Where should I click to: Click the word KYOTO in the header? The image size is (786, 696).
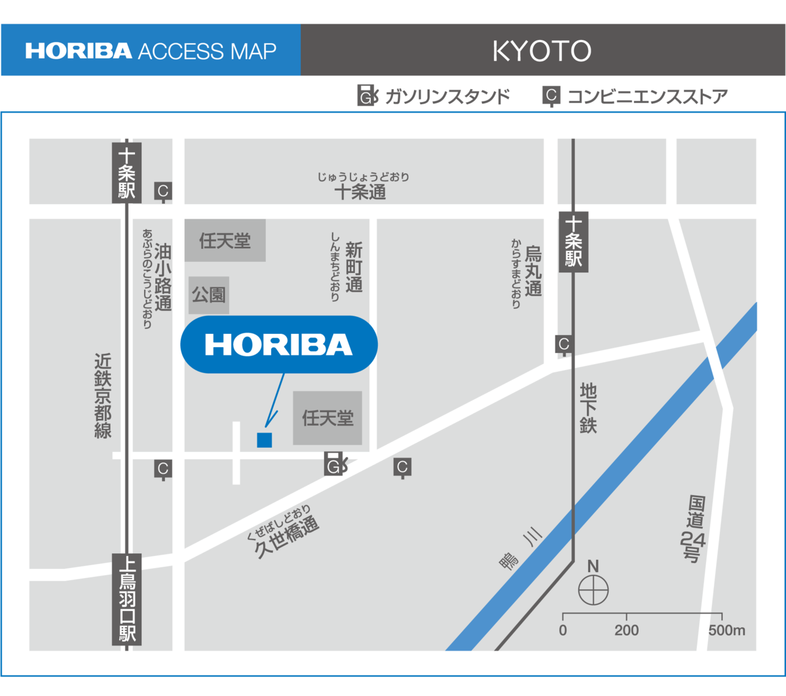542,51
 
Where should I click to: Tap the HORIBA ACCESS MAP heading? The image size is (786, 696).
151,51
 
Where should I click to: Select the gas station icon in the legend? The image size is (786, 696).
367,96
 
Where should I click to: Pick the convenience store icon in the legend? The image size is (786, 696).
551,96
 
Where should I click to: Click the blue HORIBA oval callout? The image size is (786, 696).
279,344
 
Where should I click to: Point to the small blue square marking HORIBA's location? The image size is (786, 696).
264,440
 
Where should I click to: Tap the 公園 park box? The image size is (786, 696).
209,295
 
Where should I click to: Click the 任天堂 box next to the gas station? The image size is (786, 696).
327,418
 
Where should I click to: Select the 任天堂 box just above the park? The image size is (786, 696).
225,240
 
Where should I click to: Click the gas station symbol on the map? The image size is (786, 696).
335,464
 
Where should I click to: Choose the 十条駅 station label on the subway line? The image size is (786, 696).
574,242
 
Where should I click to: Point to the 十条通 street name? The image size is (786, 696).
360,192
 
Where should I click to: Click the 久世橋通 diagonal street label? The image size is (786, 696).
286,537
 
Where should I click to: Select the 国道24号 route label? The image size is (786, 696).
694,529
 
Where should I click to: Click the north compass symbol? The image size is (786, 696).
593,590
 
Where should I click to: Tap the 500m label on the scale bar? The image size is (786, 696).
726,631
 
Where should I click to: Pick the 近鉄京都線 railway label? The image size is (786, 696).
103,395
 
